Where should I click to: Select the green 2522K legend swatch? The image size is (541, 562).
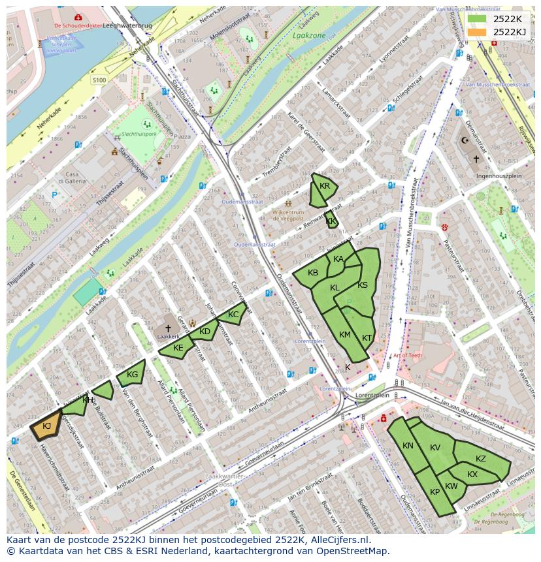click(x=477, y=19)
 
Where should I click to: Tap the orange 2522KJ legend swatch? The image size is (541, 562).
click(x=477, y=32)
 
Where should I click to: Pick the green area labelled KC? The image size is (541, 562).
click(x=233, y=315)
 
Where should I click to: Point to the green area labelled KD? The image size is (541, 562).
click(x=205, y=332)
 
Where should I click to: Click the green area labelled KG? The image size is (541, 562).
click(x=131, y=374)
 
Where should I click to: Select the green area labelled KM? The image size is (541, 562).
click(x=344, y=334)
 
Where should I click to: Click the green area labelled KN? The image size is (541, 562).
click(x=408, y=446)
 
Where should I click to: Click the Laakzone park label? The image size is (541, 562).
click(x=310, y=35)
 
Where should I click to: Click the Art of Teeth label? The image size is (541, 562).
click(x=408, y=355)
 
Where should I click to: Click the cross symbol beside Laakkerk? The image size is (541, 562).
click(x=168, y=328)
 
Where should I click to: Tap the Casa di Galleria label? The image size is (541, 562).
click(x=68, y=178)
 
